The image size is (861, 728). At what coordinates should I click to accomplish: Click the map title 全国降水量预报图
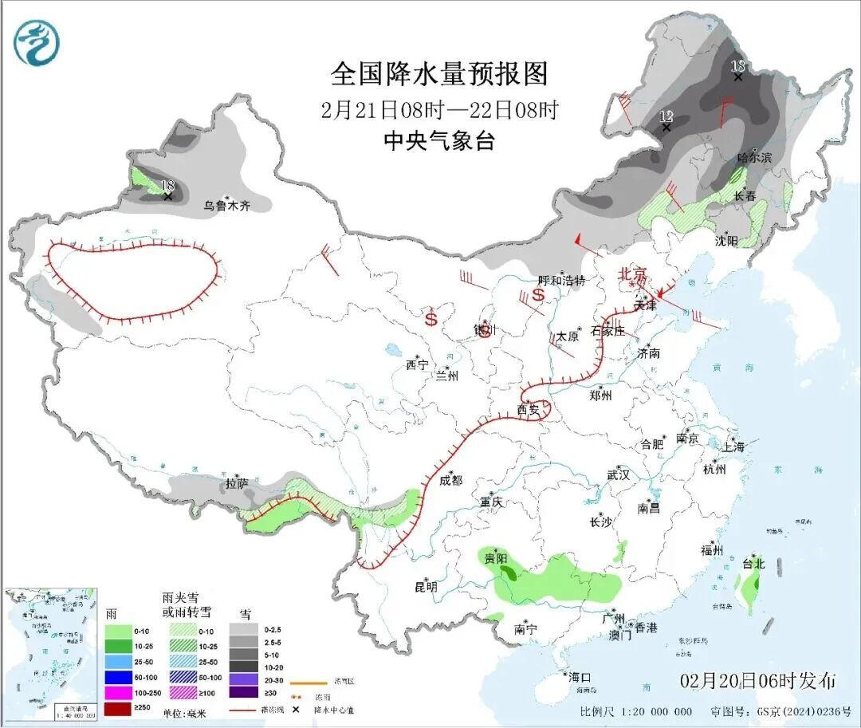[x=439, y=74]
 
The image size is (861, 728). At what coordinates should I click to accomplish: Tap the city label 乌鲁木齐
[x=226, y=206]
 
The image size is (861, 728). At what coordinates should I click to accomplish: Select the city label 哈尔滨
[x=754, y=158]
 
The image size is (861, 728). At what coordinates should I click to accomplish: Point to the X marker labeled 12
[x=666, y=127]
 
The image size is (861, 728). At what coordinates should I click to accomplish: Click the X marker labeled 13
[x=738, y=77]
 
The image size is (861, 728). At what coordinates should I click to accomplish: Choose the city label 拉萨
[x=237, y=483]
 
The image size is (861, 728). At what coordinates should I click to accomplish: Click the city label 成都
[x=450, y=480]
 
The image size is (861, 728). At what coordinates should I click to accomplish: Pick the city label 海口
[x=580, y=677]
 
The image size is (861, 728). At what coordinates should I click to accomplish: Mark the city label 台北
[x=753, y=564]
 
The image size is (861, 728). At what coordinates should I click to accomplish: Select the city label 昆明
[x=426, y=587]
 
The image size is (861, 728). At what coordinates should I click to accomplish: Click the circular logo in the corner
[x=37, y=44]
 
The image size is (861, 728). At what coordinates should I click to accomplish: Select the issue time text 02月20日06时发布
[x=758, y=682]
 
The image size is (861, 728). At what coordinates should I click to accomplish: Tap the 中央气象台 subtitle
[x=439, y=141]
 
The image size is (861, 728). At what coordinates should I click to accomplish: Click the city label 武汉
[x=618, y=475]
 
